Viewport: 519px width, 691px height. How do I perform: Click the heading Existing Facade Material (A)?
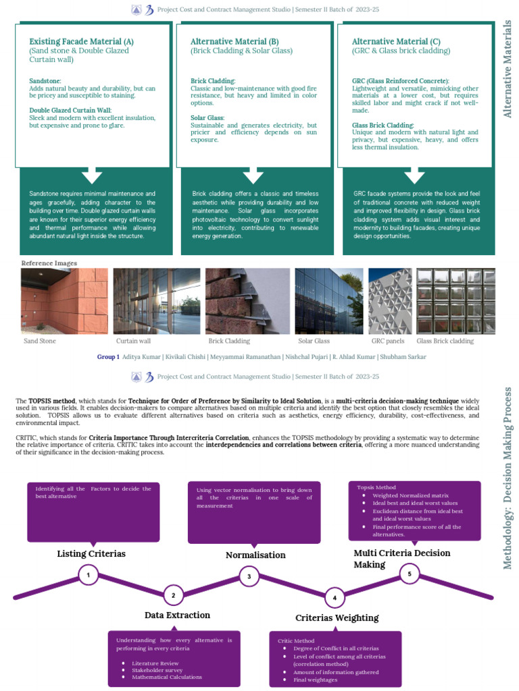click(82, 42)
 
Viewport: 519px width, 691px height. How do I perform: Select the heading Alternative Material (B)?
click(235, 42)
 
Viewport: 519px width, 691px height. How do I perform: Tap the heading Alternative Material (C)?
click(396, 42)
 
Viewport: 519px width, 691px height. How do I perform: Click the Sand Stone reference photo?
click(64, 301)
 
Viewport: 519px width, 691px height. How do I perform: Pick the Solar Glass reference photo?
click(328, 301)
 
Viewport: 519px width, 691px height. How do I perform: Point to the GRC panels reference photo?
click(389, 301)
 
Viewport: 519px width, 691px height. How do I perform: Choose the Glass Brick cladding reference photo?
click(455, 301)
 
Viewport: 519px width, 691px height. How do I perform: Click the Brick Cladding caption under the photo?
click(228, 341)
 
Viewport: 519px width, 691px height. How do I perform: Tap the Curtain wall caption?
click(133, 341)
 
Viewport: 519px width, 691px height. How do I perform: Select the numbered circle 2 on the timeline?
click(174, 595)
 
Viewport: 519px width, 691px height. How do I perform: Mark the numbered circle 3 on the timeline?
click(249, 577)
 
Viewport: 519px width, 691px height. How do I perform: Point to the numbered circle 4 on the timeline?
click(335, 598)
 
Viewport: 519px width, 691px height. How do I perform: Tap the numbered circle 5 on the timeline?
click(410, 574)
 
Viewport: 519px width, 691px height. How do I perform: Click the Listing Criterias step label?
click(91, 554)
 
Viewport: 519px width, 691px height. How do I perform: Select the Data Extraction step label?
click(177, 615)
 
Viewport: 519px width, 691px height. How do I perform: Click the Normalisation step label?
click(255, 555)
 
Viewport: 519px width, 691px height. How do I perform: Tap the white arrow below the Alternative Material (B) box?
click(253, 176)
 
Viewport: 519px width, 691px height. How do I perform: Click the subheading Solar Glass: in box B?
click(207, 118)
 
